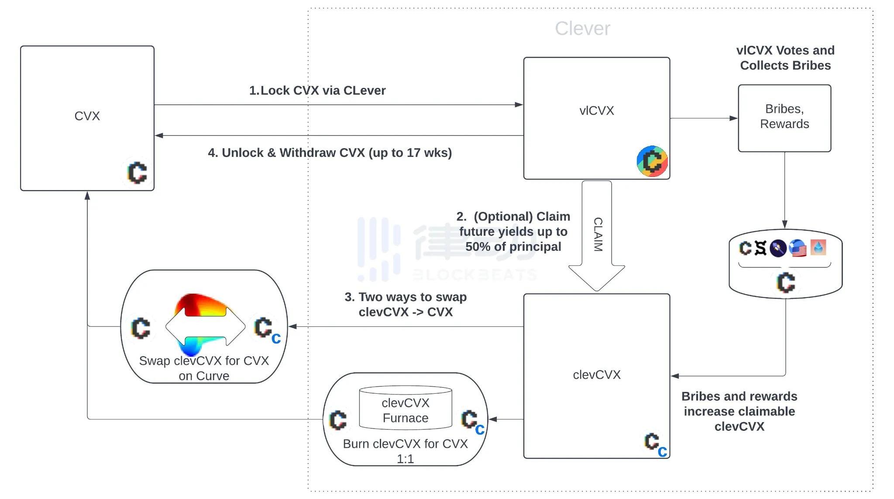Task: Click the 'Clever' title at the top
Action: pyautogui.click(x=582, y=29)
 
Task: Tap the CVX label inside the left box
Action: pyautogui.click(x=87, y=116)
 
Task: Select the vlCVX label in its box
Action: pyautogui.click(x=596, y=111)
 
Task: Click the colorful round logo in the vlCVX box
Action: pyautogui.click(x=652, y=161)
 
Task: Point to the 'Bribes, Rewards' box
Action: pyautogui.click(x=784, y=117)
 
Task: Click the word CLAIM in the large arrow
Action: pyautogui.click(x=598, y=234)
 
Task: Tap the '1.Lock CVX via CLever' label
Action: pyautogui.click(x=317, y=90)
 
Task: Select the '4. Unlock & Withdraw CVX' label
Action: pyautogui.click(x=330, y=153)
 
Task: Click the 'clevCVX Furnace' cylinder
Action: pyautogui.click(x=405, y=409)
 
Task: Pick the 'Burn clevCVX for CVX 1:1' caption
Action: pyautogui.click(x=405, y=451)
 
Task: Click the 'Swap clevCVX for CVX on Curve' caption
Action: pyautogui.click(x=204, y=368)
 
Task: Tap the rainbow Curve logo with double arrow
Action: pyautogui.click(x=205, y=326)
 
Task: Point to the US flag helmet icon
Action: pyautogui.click(x=798, y=248)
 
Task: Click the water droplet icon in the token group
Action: pyautogui.click(x=818, y=247)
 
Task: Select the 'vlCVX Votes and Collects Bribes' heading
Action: pyautogui.click(x=785, y=58)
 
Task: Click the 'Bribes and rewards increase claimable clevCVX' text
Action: pyautogui.click(x=739, y=411)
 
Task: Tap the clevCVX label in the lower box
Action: pyautogui.click(x=596, y=375)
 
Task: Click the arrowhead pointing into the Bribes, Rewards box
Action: pyautogui.click(x=734, y=118)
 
